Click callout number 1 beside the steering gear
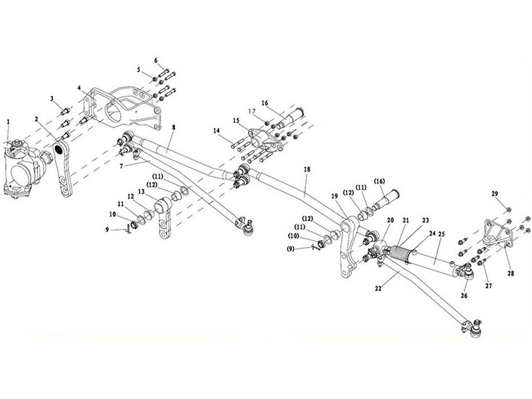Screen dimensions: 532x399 click(x=9, y=122)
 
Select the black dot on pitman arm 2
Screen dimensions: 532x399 click(x=61, y=149)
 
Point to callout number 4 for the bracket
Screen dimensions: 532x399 click(x=79, y=88)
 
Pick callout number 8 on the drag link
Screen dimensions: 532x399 click(x=174, y=128)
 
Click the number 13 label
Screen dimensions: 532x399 click(x=141, y=192)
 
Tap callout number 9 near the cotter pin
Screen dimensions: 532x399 click(x=107, y=229)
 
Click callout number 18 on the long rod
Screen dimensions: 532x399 click(x=307, y=169)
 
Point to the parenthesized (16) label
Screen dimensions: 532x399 click(x=379, y=181)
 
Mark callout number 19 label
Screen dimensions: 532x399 click(x=334, y=196)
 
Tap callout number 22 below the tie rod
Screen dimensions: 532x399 click(x=378, y=288)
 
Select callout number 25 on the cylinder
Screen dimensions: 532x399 click(x=442, y=234)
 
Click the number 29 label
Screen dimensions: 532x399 click(x=495, y=194)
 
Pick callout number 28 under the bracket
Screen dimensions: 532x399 click(x=511, y=273)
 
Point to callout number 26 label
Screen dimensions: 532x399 click(x=464, y=295)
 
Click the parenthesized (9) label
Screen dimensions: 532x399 click(x=291, y=249)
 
